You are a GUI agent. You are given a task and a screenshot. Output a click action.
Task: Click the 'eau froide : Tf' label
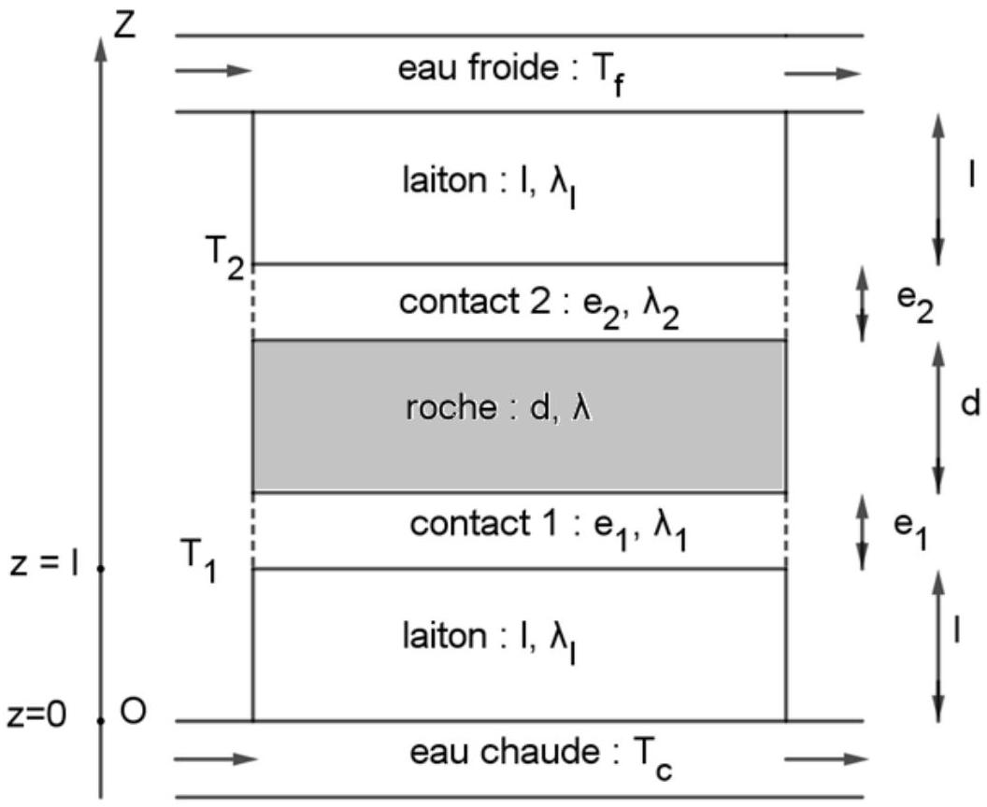[x=512, y=73]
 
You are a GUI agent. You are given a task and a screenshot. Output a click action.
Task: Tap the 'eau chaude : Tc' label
[x=541, y=757]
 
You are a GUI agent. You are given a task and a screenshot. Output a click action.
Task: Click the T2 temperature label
[x=224, y=257]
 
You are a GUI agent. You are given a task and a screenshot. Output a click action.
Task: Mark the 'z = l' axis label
[x=44, y=566]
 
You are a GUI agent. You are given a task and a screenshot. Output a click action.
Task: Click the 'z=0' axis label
[x=36, y=716]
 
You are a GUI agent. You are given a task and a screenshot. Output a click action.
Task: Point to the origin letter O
[x=133, y=712]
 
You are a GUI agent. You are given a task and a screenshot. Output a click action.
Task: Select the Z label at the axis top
[x=124, y=26]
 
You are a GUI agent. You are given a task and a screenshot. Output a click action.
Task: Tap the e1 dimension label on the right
[x=911, y=531]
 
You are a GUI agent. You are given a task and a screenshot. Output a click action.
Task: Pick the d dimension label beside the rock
[x=970, y=403]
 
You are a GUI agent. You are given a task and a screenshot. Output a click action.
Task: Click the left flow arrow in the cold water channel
[x=213, y=70]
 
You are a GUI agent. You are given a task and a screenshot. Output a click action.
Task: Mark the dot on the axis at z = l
[x=101, y=569]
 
